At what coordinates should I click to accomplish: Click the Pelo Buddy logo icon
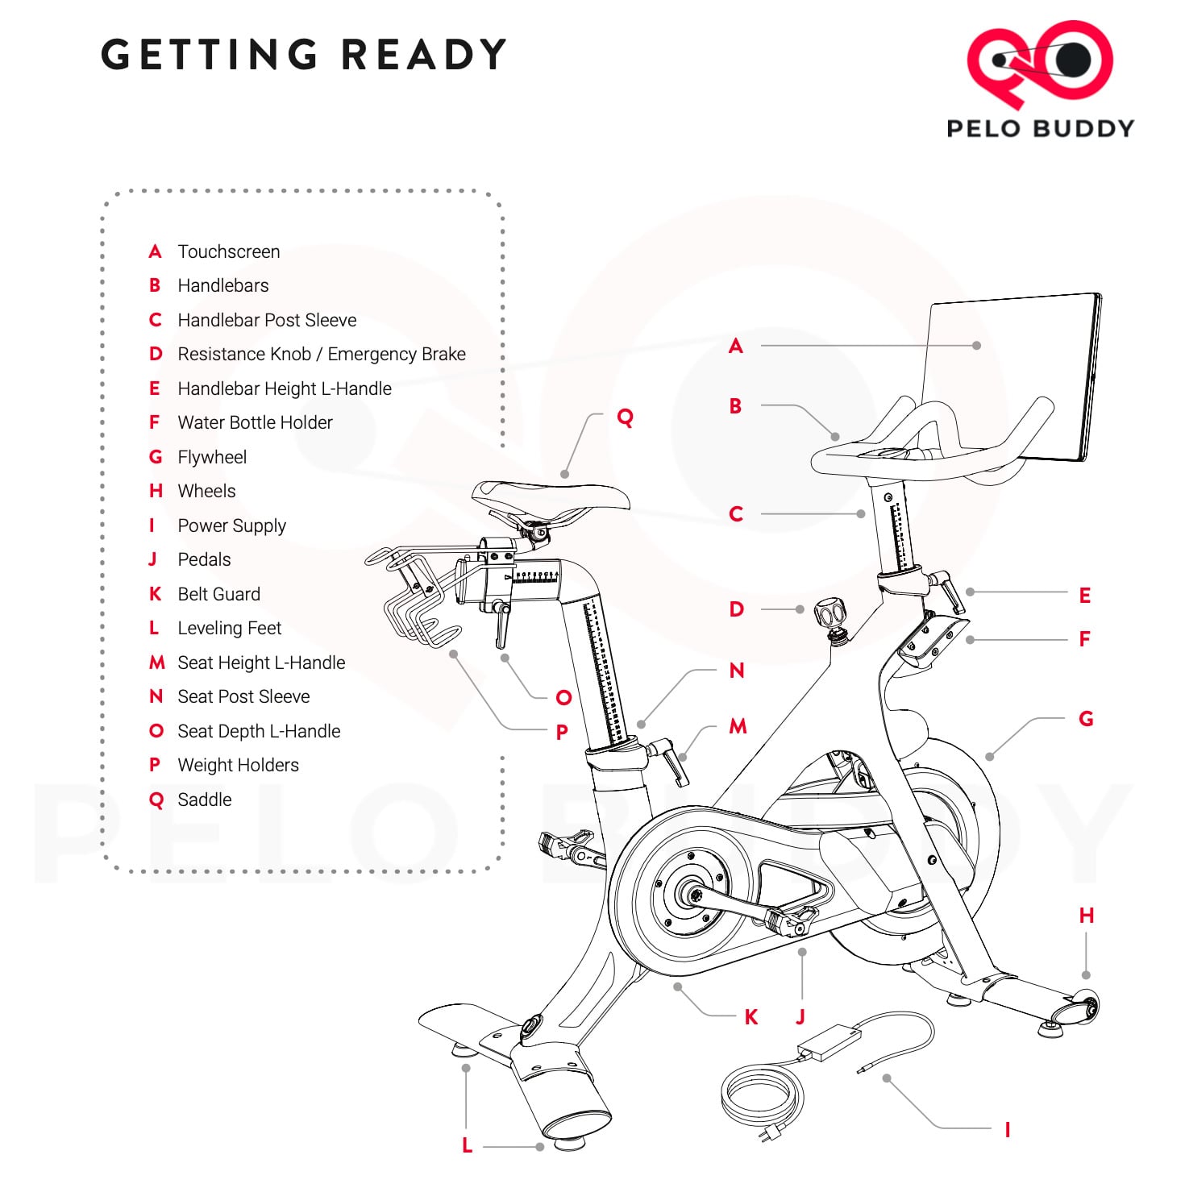click(x=1039, y=63)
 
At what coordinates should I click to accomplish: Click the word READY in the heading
click(x=423, y=55)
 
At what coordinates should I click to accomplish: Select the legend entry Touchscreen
click(x=228, y=251)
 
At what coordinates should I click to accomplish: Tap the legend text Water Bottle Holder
click(x=255, y=422)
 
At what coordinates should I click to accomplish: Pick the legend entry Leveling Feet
click(x=229, y=628)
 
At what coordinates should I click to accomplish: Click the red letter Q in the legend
click(x=156, y=800)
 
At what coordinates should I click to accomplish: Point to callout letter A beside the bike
click(x=735, y=346)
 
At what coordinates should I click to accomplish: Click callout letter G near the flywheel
click(x=1086, y=718)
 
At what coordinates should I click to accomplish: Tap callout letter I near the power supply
click(x=1007, y=1129)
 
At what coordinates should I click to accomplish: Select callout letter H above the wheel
click(x=1086, y=916)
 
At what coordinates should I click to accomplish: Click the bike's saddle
click(x=551, y=495)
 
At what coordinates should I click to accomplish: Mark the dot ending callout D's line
click(x=800, y=609)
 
